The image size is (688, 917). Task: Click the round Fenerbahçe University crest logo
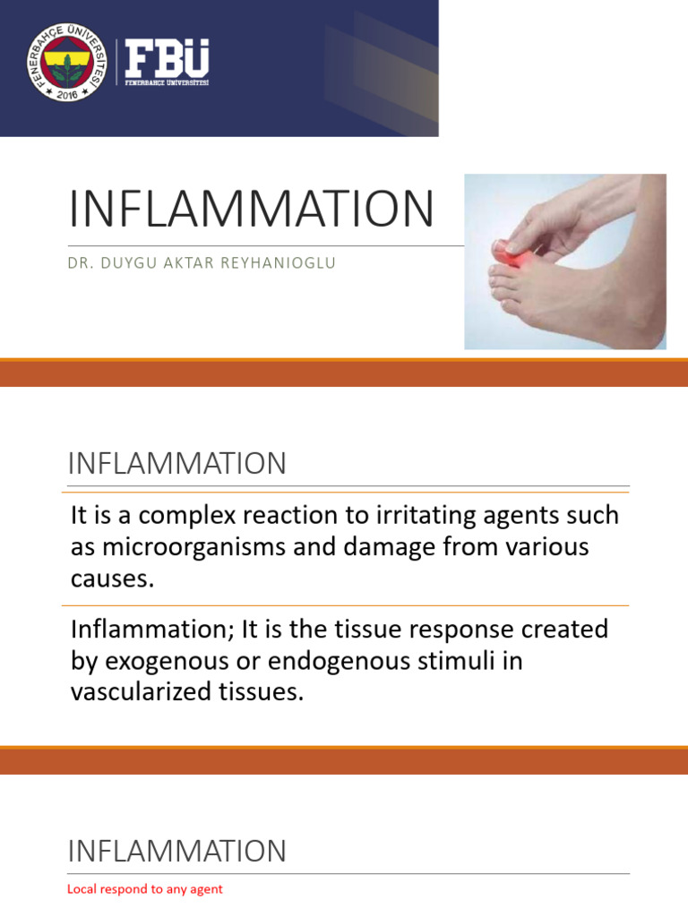click(x=65, y=63)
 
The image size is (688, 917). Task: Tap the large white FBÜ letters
click(x=167, y=59)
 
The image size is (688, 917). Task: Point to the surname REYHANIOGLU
click(x=281, y=263)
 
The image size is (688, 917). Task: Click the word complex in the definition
click(x=182, y=516)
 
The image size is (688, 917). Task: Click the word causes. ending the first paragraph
click(x=112, y=578)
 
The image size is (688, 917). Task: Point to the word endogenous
click(x=345, y=661)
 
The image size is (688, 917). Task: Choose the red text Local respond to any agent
click(x=145, y=889)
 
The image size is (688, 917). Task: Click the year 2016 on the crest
click(x=65, y=92)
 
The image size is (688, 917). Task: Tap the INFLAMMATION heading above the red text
click(x=177, y=851)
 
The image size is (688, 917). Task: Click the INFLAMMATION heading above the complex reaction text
click(x=177, y=464)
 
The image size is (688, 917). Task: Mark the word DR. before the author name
click(x=80, y=263)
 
